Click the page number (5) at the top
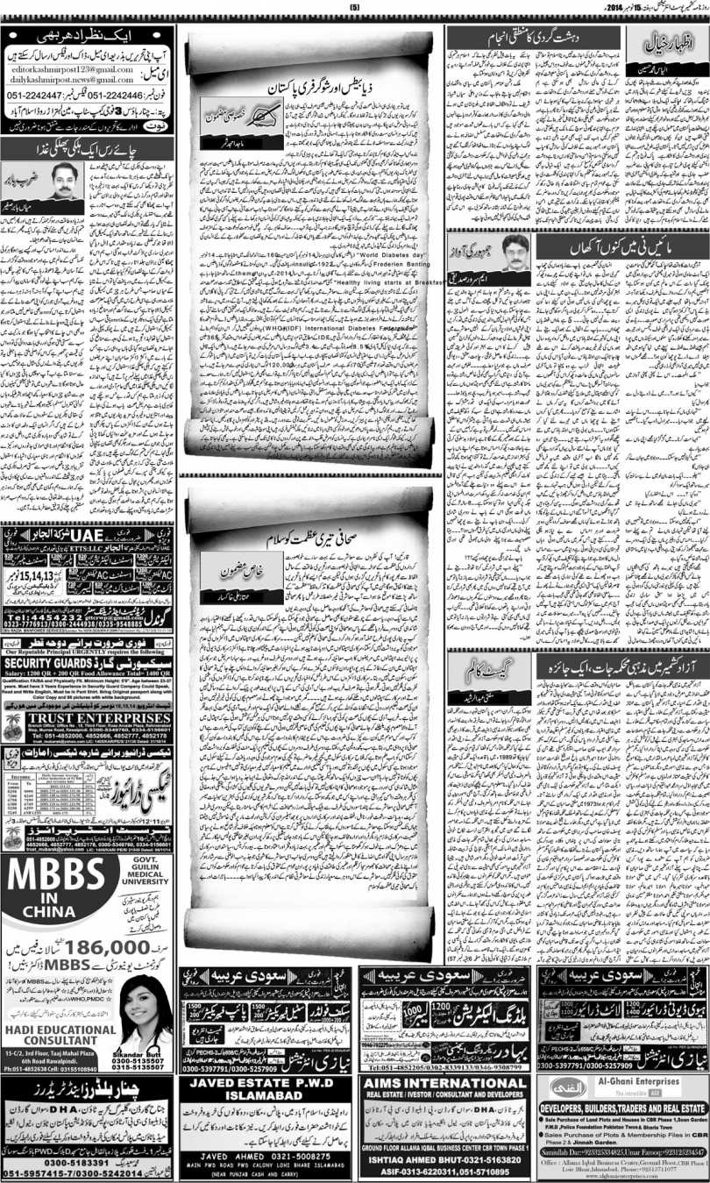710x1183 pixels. pyautogui.click(x=355, y=9)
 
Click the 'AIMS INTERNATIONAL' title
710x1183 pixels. pyautogui.click(x=445, y=1108)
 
